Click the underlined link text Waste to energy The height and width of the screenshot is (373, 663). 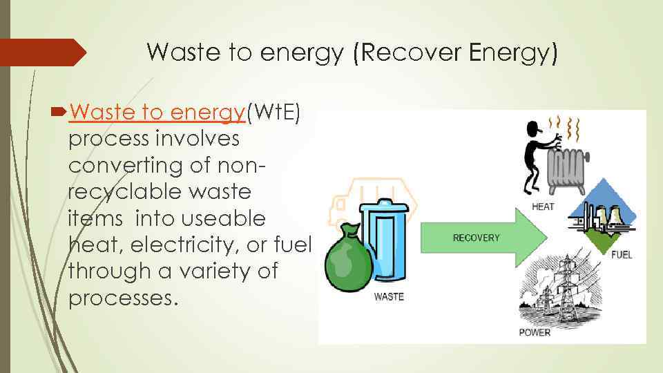pyautogui.click(x=157, y=112)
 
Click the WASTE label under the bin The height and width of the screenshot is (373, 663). pyautogui.click(x=388, y=298)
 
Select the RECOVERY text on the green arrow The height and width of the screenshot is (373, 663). pyautogui.click(x=476, y=238)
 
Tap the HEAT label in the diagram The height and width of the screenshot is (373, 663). pyautogui.click(x=542, y=207)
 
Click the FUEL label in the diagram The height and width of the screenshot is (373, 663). pyautogui.click(x=621, y=255)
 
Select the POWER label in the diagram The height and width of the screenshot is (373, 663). pyautogui.click(x=535, y=332)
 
